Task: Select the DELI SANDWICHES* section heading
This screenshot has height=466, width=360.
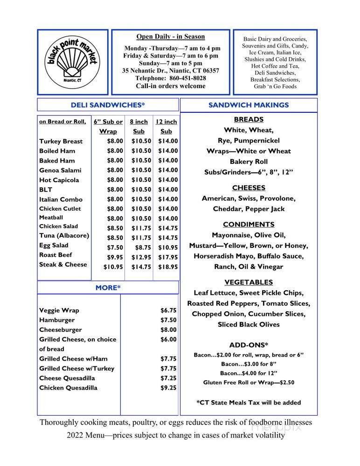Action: [x=108, y=105]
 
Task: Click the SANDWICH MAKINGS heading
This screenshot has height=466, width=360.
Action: [x=249, y=105]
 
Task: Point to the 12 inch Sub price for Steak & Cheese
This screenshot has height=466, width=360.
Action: [x=168, y=267]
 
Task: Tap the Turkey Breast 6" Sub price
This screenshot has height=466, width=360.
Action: [x=115, y=141]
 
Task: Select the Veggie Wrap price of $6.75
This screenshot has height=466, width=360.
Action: [x=168, y=310]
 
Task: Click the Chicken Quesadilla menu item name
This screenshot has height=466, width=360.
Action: [x=68, y=388]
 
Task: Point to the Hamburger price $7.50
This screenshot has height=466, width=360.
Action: [x=168, y=320]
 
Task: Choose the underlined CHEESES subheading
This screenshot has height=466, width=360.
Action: [x=249, y=188]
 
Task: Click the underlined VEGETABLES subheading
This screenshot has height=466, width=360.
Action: [x=249, y=282]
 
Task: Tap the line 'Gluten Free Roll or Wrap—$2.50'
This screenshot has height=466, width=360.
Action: [x=249, y=383]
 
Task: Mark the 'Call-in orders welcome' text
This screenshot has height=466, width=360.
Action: [x=170, y=86]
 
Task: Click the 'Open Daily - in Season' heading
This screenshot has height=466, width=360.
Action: [x=170, y=37]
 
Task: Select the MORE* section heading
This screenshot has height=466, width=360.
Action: [x=108, y=288]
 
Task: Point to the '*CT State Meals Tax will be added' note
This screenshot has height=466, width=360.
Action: [x=249, y=402]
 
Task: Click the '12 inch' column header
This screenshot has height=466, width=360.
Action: [x=166, y=122]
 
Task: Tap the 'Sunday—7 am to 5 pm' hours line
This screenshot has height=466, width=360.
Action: [x=170, y=63]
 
